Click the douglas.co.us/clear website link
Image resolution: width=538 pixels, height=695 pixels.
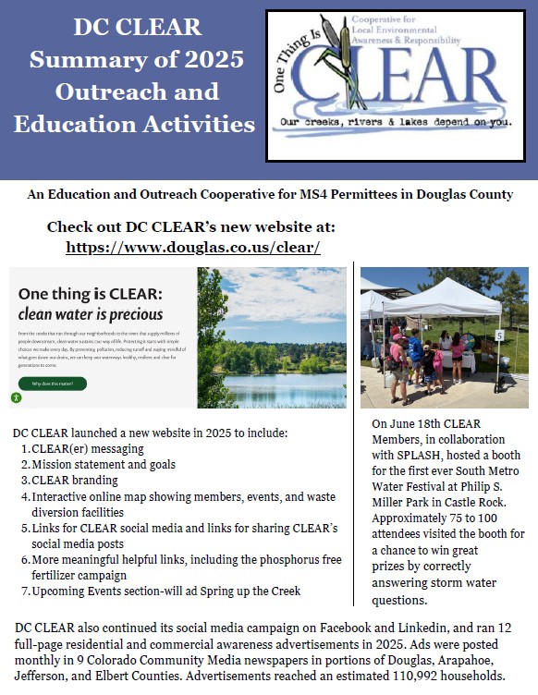[193, 248]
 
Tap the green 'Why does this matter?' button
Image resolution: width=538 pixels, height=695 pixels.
[53, 383]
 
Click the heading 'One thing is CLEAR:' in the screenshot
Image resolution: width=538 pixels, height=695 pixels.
[91, 293]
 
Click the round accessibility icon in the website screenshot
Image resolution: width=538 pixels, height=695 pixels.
[17, 397]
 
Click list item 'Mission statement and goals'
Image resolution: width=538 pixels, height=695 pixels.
[103, 464]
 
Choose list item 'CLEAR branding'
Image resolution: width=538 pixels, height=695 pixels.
[75, 480]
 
